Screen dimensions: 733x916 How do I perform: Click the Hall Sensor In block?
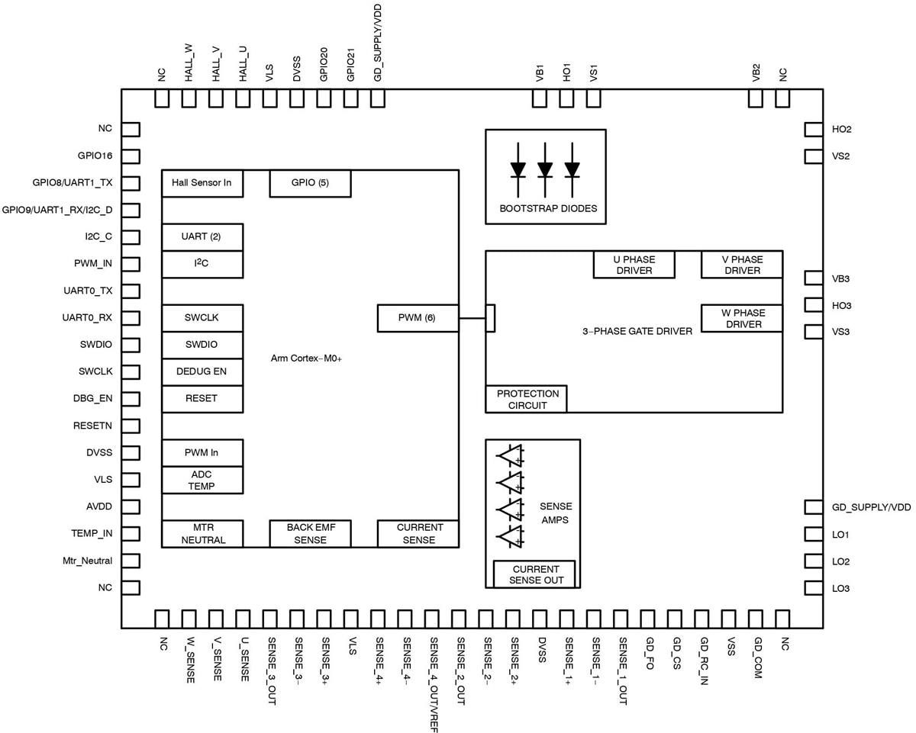click(202, 183)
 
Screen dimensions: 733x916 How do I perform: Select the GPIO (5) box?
click(310, 183)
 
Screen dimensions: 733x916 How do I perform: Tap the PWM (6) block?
click(418, 318)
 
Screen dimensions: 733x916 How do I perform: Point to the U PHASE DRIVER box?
click(634, 265)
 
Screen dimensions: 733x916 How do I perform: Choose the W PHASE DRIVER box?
click(742, 318)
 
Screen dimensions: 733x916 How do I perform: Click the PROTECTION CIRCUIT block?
click(527, 399)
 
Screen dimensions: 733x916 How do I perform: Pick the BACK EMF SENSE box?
click(310, 533)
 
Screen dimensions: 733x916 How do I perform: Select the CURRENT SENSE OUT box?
click(535, 574)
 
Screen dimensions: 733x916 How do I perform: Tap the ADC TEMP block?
click(202, 480)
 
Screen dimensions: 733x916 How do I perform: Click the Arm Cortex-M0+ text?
click(306, 358)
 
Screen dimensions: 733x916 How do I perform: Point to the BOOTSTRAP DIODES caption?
click(548, 208)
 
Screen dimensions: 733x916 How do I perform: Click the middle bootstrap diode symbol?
click(545, 169)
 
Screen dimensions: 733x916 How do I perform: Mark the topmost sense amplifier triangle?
click(509, 455)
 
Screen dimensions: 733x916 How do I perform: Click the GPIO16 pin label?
click(95, 156)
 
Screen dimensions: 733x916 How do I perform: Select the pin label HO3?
click(842, 306)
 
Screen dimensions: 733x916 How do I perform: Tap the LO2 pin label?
click(841, 561)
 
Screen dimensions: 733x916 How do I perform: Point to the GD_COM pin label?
click(757, 657)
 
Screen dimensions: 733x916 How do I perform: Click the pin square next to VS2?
click(814, 156)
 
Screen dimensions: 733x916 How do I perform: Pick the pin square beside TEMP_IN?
click(131, 534)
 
